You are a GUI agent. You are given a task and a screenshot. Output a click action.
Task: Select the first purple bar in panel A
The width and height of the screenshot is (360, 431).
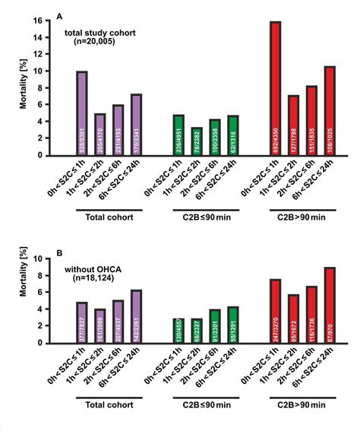(81, 114)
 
